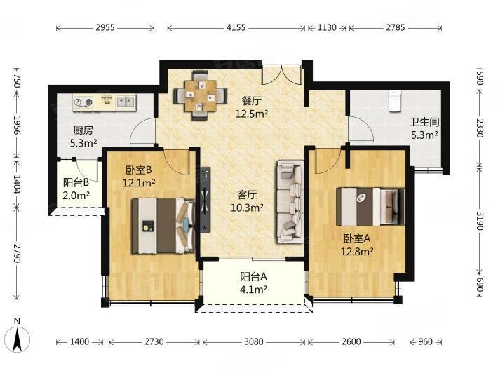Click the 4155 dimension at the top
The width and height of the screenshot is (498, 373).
click(x=236, y=27)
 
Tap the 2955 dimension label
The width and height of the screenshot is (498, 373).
click(x=105, y=27)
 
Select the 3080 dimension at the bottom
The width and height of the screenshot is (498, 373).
click(x=253, y=341)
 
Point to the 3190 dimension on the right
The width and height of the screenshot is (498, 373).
click(x=480, y=220)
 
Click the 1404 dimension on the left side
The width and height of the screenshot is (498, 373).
click(x=17, y=184)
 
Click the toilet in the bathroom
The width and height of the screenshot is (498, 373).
click(x=395, y=101)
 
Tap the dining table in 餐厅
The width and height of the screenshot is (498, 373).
click(x=200, y=95)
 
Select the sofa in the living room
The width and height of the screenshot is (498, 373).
click(x=290, y=201)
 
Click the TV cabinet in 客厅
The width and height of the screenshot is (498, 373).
click(x=206, y=200)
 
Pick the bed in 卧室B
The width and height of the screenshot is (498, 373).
click(x=163, y=226)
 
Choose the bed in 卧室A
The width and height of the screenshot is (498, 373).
click(x=370, y=207)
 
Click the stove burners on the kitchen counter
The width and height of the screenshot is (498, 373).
click(x=83, y=102)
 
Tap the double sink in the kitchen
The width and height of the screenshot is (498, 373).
click(x=126, y=102)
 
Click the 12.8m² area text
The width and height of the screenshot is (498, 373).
click(x=357, y=252)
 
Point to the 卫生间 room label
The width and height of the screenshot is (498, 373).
click(x=424, y=122)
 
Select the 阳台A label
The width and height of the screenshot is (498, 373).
click(x=253, y=277)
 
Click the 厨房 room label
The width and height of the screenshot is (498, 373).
click(x=83, y=130)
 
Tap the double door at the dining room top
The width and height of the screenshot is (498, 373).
click(x=281, y=75)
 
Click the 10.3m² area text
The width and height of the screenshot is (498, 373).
click(x=247, y=208)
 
